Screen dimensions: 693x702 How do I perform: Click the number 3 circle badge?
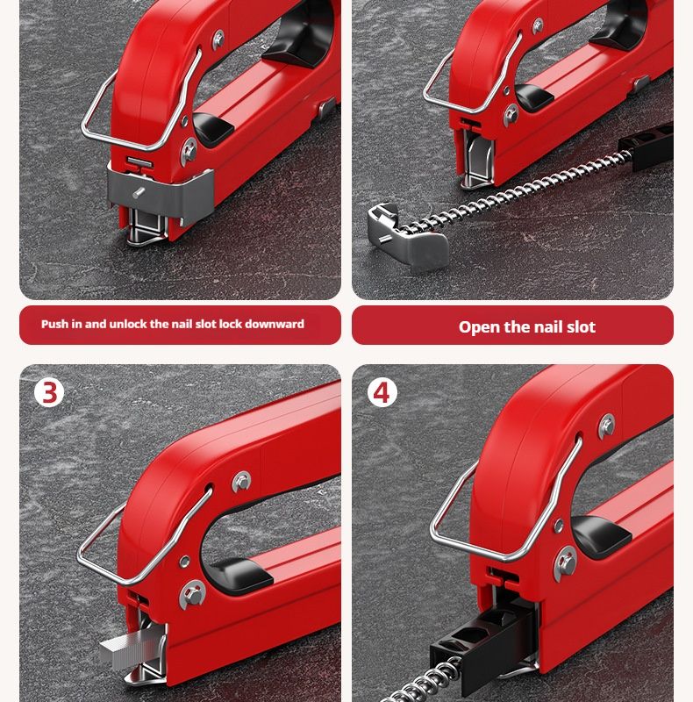tap(49, 392)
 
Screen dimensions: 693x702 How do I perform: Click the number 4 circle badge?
tap(382, 392)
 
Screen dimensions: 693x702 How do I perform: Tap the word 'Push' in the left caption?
tap(55, 324)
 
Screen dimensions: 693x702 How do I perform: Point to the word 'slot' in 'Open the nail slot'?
tap(581, 326)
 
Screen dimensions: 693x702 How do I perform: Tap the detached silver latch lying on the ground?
tap(407, 237)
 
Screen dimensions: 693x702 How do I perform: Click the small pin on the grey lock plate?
tap(139, 192)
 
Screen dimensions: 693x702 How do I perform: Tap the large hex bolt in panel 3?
tap(192, 595)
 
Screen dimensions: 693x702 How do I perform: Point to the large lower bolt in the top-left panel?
tap(189, 151)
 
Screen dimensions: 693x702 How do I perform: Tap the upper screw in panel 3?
tap(242, 482)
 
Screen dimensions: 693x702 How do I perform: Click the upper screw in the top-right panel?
tap(537, 26)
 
